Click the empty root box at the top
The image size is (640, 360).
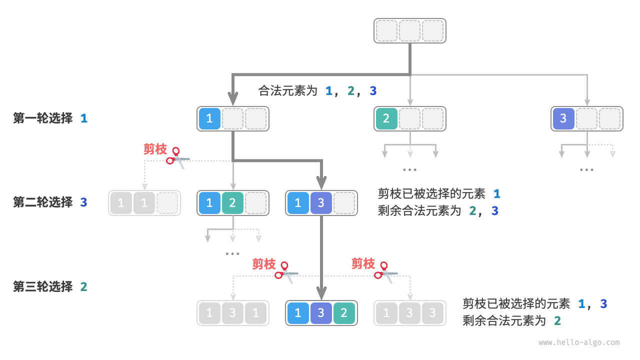[409, 31]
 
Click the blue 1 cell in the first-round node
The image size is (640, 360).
[209, 118]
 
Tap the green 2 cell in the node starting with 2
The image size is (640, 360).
[386, 118]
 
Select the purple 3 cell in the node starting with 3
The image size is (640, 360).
[563, 118]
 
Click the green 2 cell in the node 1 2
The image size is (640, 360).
[232, 203]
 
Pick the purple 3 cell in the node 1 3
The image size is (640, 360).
[321, 203]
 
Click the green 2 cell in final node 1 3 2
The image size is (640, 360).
[344, 313]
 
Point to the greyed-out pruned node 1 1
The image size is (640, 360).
[144, 203]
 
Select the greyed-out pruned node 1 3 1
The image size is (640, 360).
[232, 313]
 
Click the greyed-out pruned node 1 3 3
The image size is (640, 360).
[409, 313]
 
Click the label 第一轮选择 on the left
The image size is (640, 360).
[43, 118]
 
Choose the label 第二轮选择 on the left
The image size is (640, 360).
[43, 202]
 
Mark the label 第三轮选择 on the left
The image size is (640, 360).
[43, 287]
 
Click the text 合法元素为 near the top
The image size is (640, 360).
[288, 91]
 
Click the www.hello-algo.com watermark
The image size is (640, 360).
[579, 342]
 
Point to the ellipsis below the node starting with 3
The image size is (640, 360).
[586, 170]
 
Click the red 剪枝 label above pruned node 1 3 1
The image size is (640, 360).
[263, 264]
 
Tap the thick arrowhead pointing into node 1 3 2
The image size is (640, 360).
[321, 293]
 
